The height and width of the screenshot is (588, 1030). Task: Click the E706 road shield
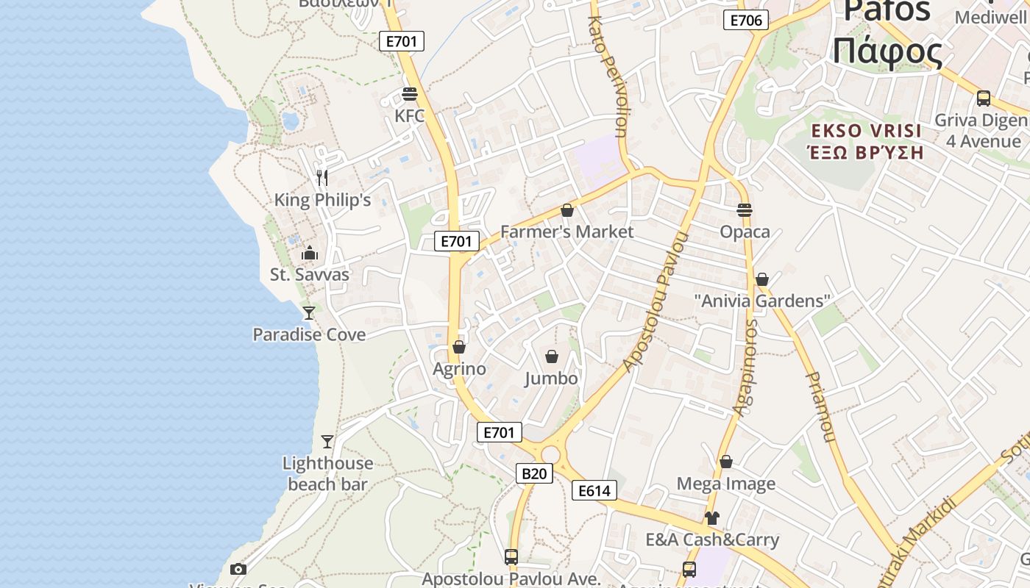point(746,20)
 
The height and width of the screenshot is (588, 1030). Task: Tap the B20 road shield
point(533,473)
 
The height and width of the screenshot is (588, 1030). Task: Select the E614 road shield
point(594,490)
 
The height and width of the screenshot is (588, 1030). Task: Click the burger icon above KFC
point(410,94)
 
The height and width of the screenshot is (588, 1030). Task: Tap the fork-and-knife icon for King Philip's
point(322,177)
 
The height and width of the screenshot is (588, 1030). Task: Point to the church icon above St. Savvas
point(310,254)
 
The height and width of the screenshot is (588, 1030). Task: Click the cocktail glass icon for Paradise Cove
point(309,313)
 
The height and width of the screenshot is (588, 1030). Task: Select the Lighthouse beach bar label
point(327,473)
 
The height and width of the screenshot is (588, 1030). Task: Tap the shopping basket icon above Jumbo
point(552,357)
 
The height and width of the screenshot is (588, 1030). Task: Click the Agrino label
point(459,368)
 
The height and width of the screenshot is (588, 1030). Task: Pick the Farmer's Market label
point(566,232)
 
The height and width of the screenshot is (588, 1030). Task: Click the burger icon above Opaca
point(745,210)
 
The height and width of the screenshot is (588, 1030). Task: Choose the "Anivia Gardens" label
point(762,301)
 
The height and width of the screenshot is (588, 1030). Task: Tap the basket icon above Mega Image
point(726,462)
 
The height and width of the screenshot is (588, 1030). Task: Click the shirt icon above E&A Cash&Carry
point(711,518)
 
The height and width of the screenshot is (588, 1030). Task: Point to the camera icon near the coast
point(238,569)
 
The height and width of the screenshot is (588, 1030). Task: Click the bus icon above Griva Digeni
point(984,98)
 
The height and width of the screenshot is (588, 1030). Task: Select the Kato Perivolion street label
point(607,77)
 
